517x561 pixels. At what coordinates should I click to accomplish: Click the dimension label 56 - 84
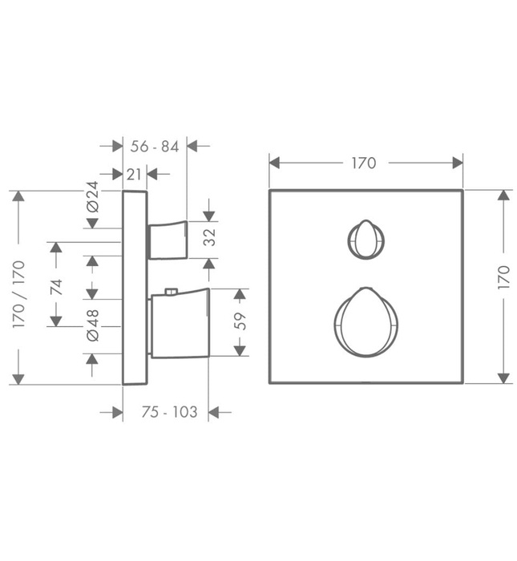tap(154, 147)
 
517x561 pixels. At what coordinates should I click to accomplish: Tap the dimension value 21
tap(134, 175)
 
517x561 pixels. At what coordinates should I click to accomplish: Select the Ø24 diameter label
tap(92, 197)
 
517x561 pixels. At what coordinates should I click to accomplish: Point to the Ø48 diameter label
tap(92, 325)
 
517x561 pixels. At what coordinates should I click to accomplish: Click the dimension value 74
tap(56, 287)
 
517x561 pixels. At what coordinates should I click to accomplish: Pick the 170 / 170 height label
tap(18, 294)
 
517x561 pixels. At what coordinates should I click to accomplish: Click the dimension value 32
tap(210, 237)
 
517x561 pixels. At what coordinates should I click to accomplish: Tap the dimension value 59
tap(240, 321)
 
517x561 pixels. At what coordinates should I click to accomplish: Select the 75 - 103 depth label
tap(169, 412)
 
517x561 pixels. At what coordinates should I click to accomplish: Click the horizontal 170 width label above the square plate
tap(364, 163)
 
